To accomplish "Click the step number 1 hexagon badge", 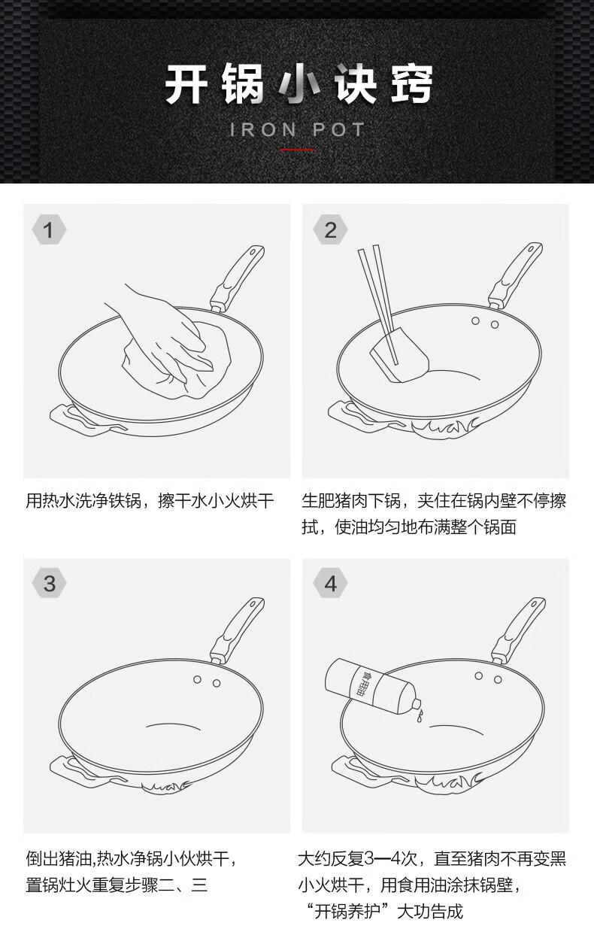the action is [x=49, y=229].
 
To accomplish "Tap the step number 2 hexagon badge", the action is [x=330, y=229].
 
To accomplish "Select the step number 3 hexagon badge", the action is [x=49, y=583].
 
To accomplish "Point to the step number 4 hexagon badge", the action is [x=330, y=583].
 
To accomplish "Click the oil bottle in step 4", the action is [x=371, y=685].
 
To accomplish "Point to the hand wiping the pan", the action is [x=168, y=332].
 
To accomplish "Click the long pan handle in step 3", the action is [x=237, y=630].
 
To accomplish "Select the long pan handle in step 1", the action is [x=237, y=278].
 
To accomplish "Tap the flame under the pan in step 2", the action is [x=445, y=429].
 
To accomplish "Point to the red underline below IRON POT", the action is [x=297, y=150].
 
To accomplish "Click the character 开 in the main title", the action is [x=186, y=84].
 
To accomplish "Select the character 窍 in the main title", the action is [x=411, y=84].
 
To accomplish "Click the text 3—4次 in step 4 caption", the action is [x=390, y=859].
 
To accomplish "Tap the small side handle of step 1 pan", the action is [x=84, y=420].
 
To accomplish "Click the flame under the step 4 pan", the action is [x=449, y=782].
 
